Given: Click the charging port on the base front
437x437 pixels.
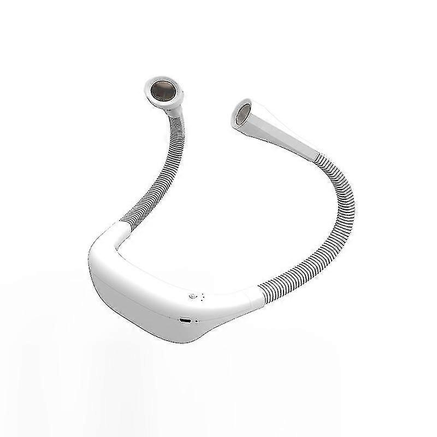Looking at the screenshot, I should click(185, 320).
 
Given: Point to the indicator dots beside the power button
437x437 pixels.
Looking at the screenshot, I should click(203, 297).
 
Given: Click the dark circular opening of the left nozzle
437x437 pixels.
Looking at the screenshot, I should click(162, 90).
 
